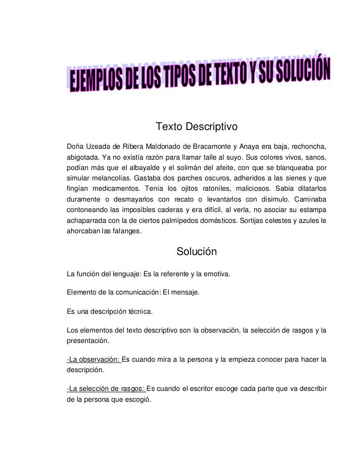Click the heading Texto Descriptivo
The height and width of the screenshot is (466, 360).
[x=197, y=127]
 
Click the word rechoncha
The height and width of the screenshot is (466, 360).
[x=307, y=146]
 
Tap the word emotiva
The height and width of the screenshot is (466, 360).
[x=216, y=273]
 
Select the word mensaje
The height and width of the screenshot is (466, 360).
[x=184, y=293]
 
